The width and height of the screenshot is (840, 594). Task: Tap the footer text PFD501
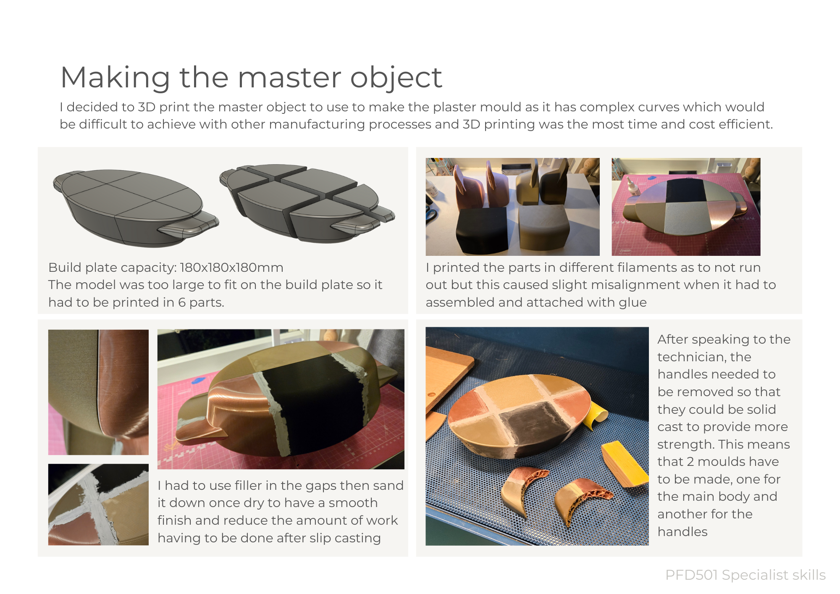[x=691, y=575]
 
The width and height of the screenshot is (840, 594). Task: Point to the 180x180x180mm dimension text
[x=231, y=268]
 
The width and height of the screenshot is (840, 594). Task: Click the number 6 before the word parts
[x=181, y=302]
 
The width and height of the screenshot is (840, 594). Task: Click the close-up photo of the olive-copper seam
[x=98, y=392]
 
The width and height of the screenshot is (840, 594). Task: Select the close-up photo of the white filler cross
[x=98, y=505]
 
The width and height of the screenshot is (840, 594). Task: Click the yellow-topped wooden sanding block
[x=623, y=463]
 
